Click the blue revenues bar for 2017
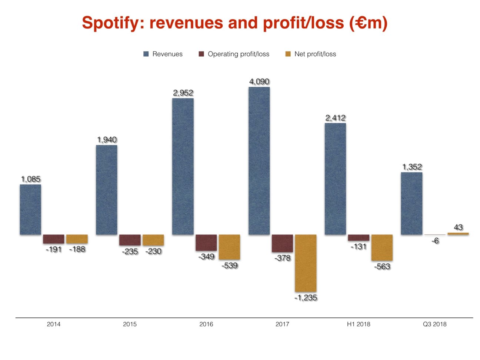click(x=259, y=161)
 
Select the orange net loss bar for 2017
click(x=306, y=263)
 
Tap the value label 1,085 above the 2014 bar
click(x=31, y=179)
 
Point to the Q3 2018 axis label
click(x=434, y=324)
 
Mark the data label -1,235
click(x=306, y=298)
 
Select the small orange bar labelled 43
click(x=458, y=234)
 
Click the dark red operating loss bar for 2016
click(x=206, y=243)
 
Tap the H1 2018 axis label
click(x=358, y=324)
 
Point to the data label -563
click(x=382, y=267)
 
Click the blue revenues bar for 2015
click(x=107, y=190)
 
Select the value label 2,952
click(x=183, y=93)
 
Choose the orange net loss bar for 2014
click(x=77, y=239)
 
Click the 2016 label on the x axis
click(x=206, y=324)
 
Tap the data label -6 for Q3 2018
click(x=435, y=241)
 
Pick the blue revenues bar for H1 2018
click(x=335, y=179)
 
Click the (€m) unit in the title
click(x=368, y=23)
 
